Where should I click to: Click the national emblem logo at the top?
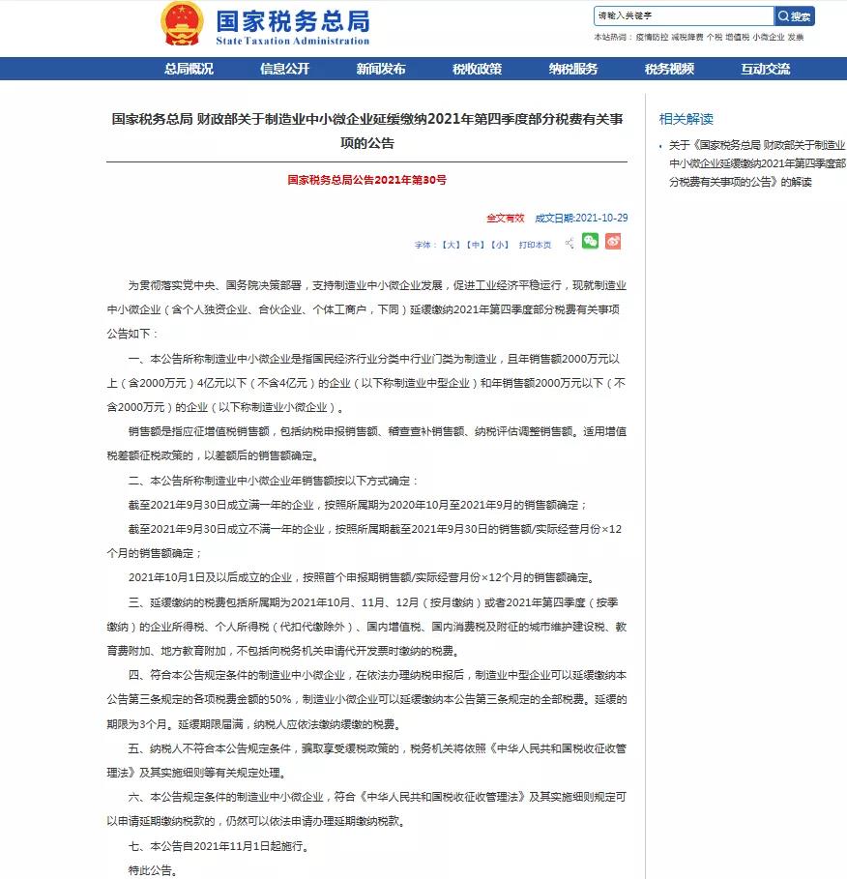(182, 24)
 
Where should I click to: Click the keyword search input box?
(683, 16)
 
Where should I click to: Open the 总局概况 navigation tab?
(189, 69)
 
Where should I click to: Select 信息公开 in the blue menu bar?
(284, 69)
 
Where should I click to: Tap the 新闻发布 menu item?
(381, 69)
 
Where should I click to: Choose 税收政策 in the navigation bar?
(477, 69)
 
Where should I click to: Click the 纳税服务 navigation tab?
(573, 69)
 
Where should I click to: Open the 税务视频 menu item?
(669, 69)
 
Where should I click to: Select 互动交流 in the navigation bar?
(766, 69)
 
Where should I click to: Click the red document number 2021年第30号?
(366, 180)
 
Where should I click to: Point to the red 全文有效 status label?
(505, 218)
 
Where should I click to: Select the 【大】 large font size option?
(451, 245)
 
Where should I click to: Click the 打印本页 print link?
(535, 245)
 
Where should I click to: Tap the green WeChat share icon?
(590, 242)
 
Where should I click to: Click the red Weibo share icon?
(613, 242)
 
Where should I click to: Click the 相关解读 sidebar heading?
(686, 119)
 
